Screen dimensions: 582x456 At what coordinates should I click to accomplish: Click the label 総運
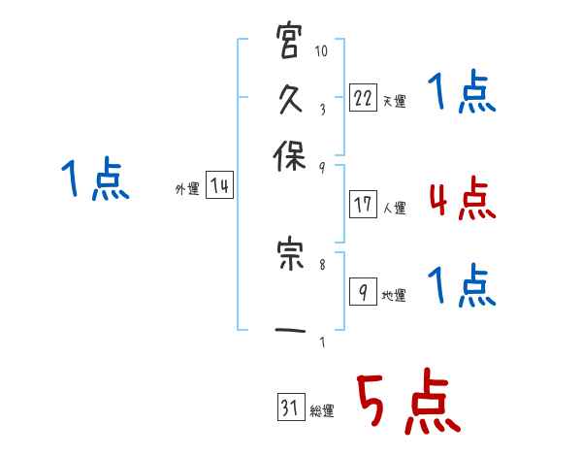[322, 411]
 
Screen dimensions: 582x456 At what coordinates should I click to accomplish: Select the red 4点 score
[461, 199]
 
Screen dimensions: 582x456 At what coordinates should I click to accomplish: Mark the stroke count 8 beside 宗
[321, 261]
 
